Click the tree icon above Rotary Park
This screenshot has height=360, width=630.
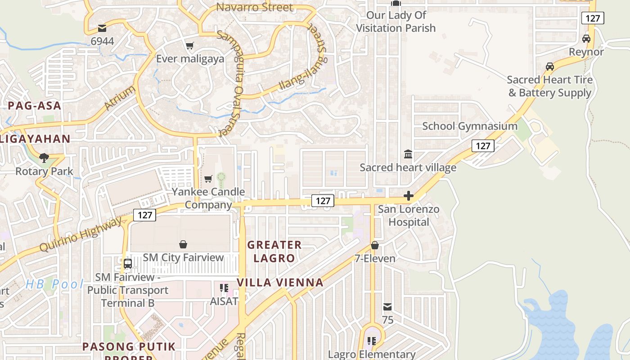(x=44, y=157)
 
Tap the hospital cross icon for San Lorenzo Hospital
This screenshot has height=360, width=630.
(x=409, y=196)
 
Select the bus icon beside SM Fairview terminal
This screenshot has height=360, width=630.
(x=128, y=264)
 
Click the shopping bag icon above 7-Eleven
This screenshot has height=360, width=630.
(x=374, y=245)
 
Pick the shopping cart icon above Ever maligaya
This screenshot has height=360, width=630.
(x=190, y=46)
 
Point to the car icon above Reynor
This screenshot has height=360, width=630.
(x=586, y=39)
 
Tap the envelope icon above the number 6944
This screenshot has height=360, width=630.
(x=102, y=29)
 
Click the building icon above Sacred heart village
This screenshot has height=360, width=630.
(x=408, y=154)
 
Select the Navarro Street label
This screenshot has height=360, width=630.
(x=255, y=7)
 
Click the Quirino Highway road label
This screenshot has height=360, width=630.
(x=81, y=235)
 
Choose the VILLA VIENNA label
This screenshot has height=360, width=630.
(x=280, y=283)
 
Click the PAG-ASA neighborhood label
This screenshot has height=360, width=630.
(x=34, y=106)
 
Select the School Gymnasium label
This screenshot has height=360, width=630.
(x=470, y=126)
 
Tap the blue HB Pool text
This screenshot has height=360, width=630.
(x=54, y=284)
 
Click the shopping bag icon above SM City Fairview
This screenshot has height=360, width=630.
(x=183, y=244)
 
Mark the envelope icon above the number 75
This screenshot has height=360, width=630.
(x=387, y=307)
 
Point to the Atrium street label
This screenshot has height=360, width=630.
(x=120, y=98)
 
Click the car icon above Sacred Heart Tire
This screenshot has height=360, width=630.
(x=549, y=67)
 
